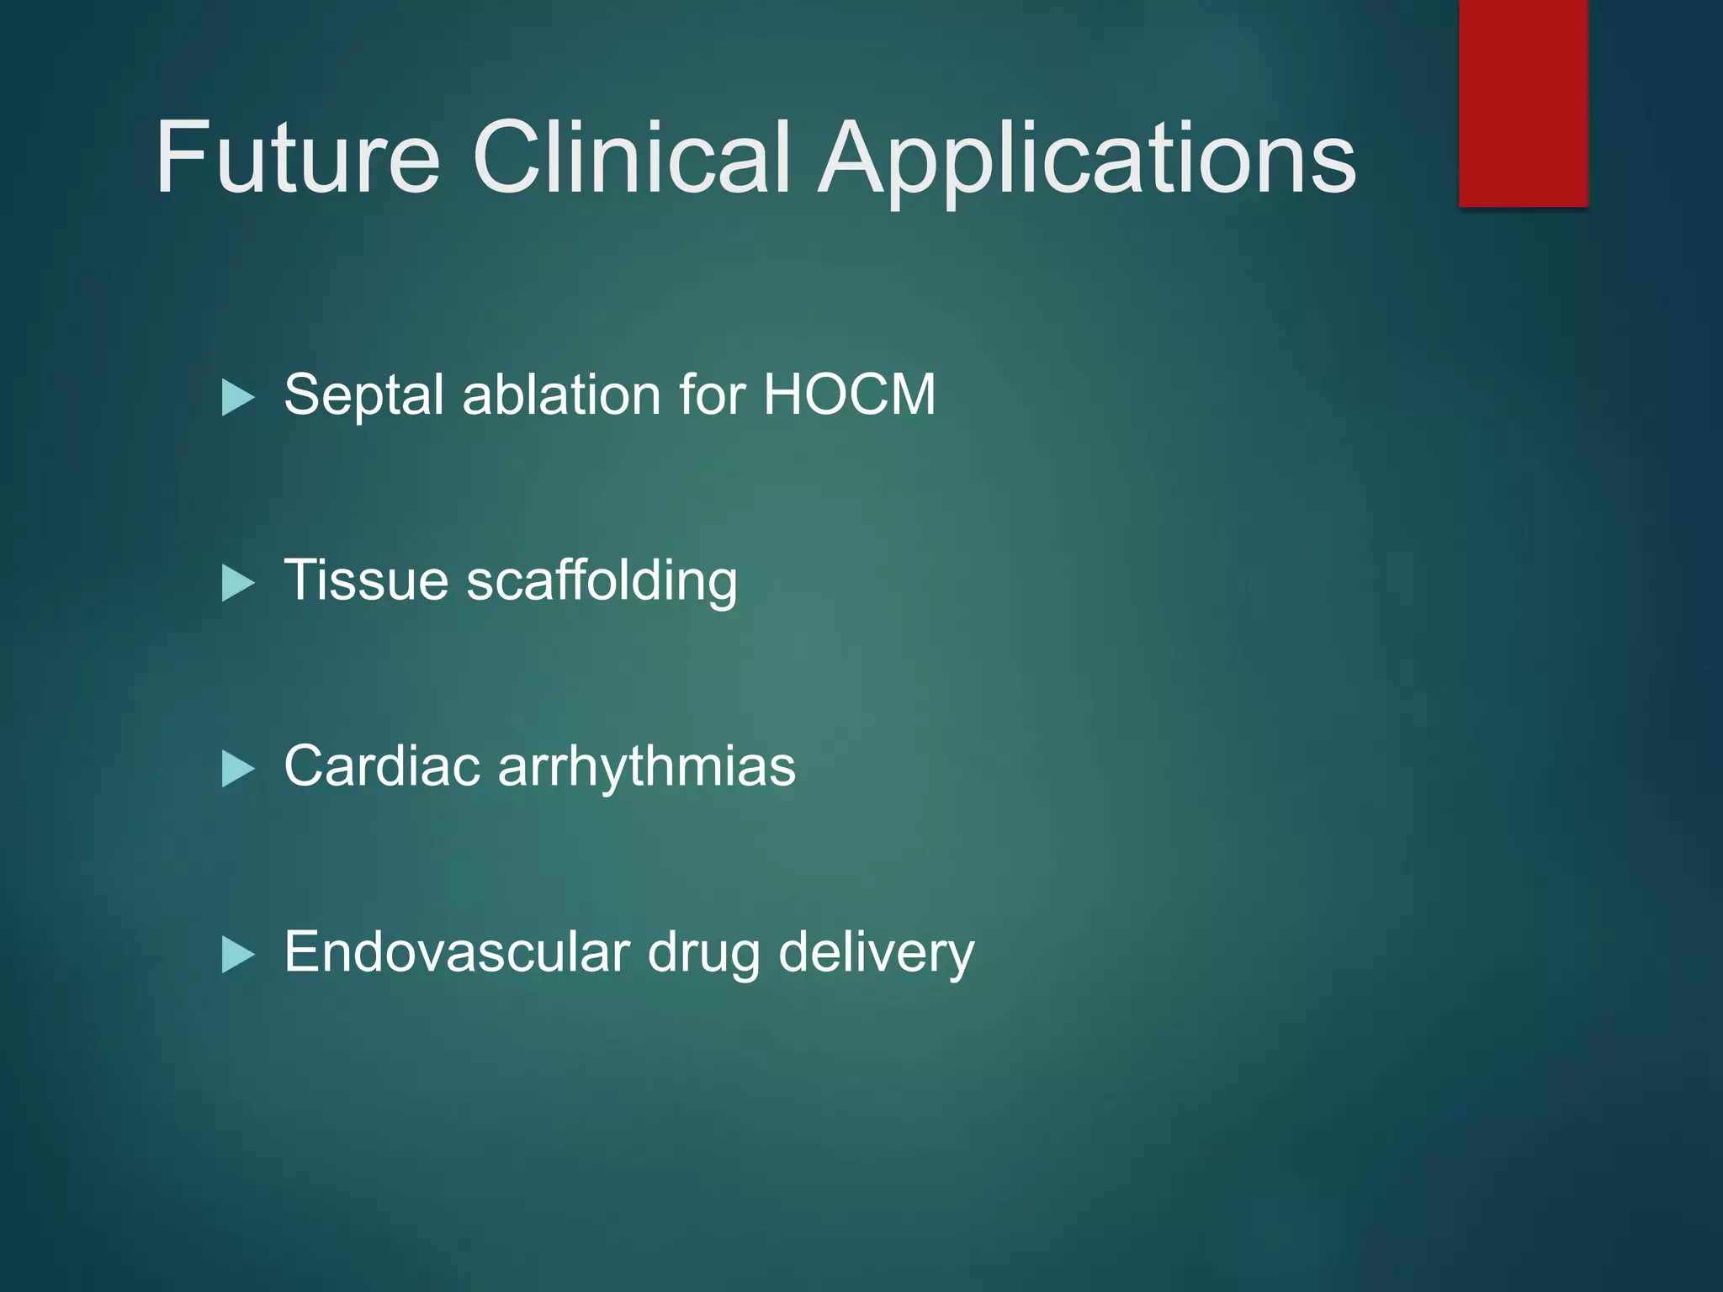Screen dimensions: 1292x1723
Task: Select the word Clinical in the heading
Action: click(x=631, y=157)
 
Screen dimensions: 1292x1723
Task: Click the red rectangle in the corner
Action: click(x=1523, y=103)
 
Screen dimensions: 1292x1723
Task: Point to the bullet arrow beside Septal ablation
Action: click(x=237, y=397)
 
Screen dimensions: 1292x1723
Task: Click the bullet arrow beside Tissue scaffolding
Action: click(x=237, y=583)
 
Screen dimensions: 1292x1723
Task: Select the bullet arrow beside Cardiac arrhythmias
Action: click(x=237, y=769)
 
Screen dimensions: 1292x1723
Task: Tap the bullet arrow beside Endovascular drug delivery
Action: click(x=237, y=955)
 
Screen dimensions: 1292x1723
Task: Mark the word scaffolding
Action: click(x=602, y=582)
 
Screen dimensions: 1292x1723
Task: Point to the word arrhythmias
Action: click(x=647, y=767)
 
